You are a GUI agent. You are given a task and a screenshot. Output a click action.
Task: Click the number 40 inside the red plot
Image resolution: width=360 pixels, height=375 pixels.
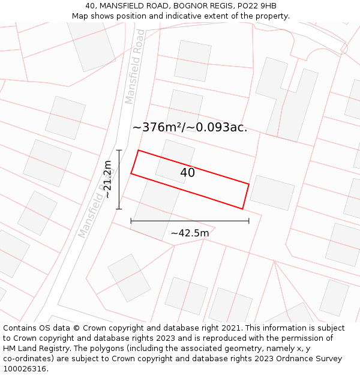click(187, 173)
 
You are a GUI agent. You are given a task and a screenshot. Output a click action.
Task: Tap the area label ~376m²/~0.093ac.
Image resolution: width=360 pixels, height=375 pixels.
click(190, 127)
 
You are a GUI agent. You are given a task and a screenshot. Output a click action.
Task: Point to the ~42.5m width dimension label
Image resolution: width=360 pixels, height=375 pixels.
click(190, 233)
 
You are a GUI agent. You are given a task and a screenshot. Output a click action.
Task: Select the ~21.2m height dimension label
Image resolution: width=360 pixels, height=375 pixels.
click(107, 179)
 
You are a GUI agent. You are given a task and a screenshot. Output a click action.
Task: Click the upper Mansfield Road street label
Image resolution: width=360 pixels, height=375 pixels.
click(135, 67)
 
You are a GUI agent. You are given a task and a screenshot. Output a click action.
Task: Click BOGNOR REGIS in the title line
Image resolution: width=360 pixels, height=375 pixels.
click(202, 6)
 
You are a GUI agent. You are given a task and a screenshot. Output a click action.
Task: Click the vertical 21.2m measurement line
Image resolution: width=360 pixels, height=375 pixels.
click(119, 179)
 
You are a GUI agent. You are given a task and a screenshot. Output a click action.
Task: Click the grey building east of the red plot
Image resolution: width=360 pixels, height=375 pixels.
click(272, 193)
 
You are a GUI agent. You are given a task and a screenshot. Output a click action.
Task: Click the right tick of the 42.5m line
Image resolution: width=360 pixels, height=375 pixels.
click(248, 221)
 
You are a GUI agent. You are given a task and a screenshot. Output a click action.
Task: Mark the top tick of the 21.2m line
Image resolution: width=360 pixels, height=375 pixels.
click(119, 150)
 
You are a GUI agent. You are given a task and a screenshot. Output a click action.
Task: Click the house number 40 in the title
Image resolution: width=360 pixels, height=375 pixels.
click(89, 6)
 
